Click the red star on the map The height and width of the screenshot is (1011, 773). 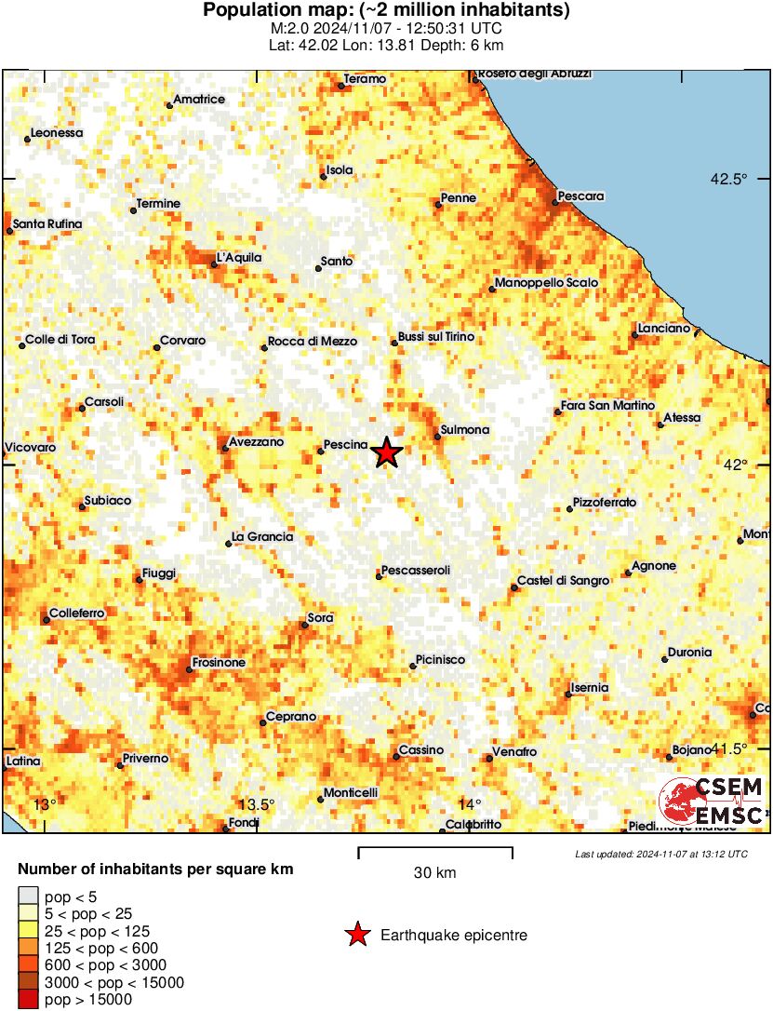point(387,453)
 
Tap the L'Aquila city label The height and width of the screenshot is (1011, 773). point(239,258)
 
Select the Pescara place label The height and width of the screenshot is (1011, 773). point(582,196)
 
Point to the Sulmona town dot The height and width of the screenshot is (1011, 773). point(438,436)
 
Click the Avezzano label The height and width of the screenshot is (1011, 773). point(258,442)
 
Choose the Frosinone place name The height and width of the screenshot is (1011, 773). point(219,663)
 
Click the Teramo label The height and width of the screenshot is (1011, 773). point(365,79)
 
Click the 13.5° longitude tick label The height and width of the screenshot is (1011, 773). point(257,805)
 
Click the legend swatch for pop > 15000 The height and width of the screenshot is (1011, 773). point(27,1000)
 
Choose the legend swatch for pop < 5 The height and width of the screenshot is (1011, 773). point(27,896)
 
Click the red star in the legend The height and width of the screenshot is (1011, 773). point(356,936)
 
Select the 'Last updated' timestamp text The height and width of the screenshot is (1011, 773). point(660,854)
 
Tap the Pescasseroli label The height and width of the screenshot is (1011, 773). point(416,570)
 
